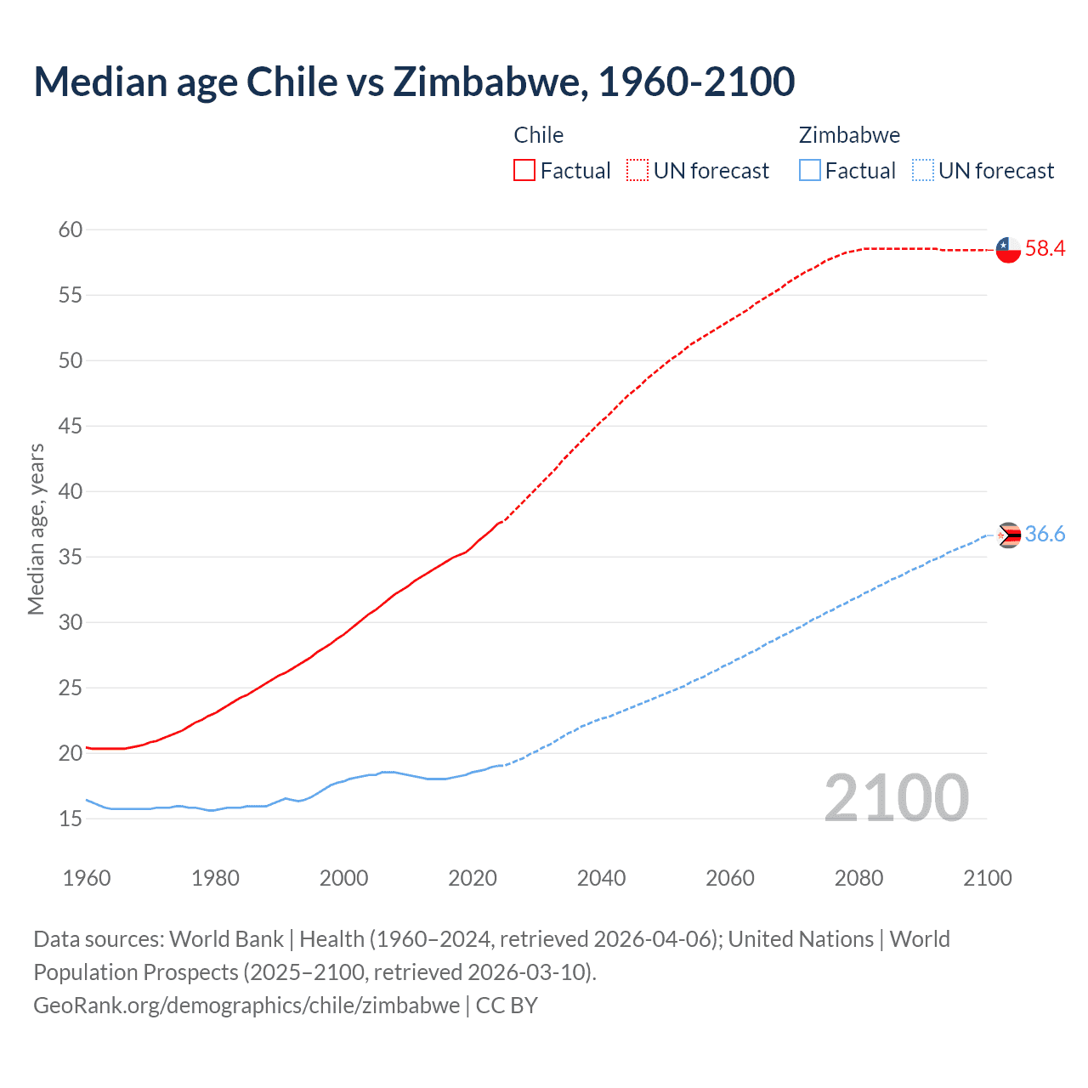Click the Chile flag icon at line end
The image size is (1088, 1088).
coord(1008,250)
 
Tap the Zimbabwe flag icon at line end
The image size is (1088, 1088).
coord(1009,535)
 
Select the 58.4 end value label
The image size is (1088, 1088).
coord(1045,248)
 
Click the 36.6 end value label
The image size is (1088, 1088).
coord(1045,534)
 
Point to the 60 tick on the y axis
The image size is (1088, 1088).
coord(71,229)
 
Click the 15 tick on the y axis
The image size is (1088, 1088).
coord(71,819)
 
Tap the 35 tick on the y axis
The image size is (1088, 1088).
coord(71,557)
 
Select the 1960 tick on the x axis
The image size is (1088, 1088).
coord(87,878)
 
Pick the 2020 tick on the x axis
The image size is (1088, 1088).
coord(473,878)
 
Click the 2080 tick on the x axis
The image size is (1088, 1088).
coord(858,878)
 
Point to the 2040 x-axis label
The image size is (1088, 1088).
coord(601,878)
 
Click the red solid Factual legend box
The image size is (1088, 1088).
coord(524,171)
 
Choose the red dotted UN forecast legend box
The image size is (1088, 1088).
coord(637,171)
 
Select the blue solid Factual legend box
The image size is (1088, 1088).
coord(809,171)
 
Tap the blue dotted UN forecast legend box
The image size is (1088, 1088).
coord(922,171)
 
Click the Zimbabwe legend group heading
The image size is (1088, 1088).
coord(849,135)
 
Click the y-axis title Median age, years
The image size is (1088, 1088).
coord(36,529)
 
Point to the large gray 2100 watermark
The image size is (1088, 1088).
coord(896,798)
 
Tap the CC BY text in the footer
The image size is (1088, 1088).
coord(507,1006)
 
